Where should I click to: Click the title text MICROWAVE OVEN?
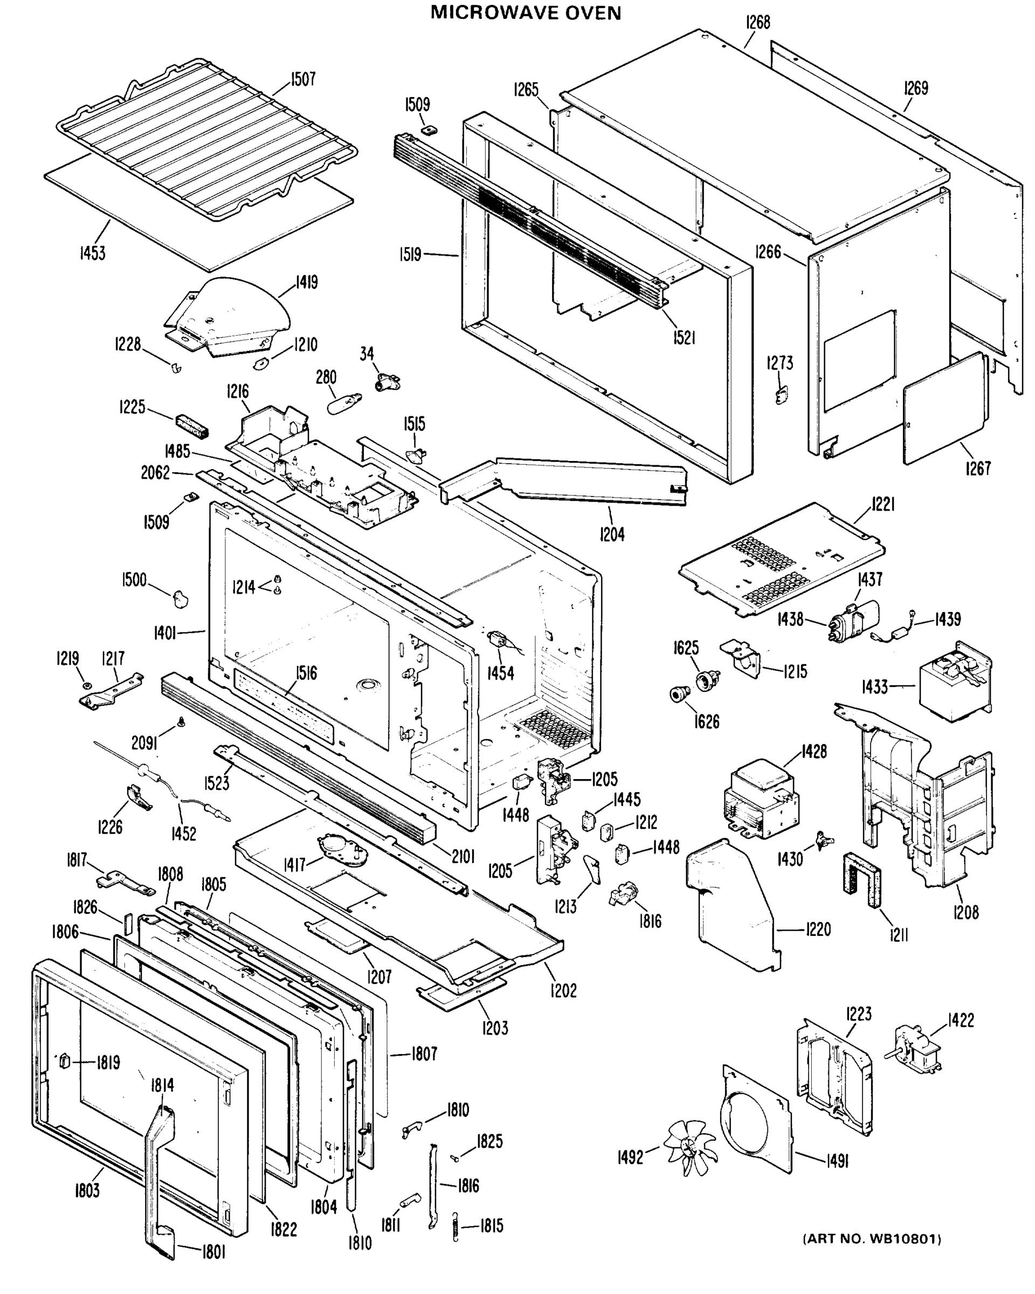(526, 12)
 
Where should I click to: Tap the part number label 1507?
(303, 79)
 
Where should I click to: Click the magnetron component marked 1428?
(761, 799)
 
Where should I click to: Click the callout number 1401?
(165, 632)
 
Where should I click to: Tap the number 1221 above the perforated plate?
(882, 505)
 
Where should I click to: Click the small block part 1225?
(191, 425)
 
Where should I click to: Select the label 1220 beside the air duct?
(818, 929)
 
